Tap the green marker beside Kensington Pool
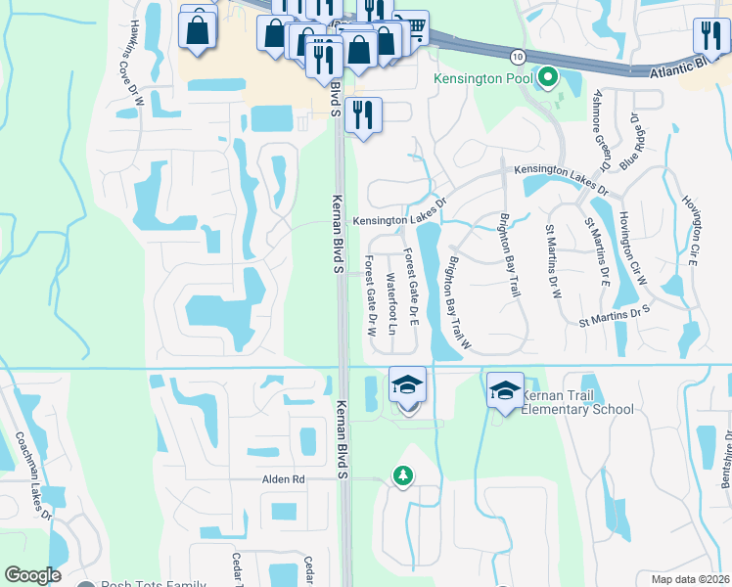coord(548,76)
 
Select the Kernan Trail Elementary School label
coord(577,402)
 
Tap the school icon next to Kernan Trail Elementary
coord(505,390)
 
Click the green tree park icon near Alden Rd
coord(402,475)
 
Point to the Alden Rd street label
coord(284,479)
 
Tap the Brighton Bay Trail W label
coord(459,303)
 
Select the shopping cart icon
coord(415,30)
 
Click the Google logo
coord(32,575)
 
